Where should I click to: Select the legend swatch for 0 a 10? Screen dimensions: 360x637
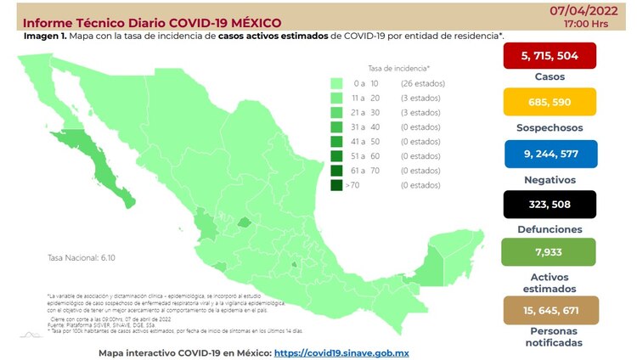click(x=337, y=83)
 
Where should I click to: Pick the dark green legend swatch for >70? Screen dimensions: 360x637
click(x=337, y=184)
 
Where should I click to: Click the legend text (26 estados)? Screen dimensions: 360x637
click(x=420, y=83)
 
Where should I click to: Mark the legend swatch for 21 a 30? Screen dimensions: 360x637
click(x=337, y=112)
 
